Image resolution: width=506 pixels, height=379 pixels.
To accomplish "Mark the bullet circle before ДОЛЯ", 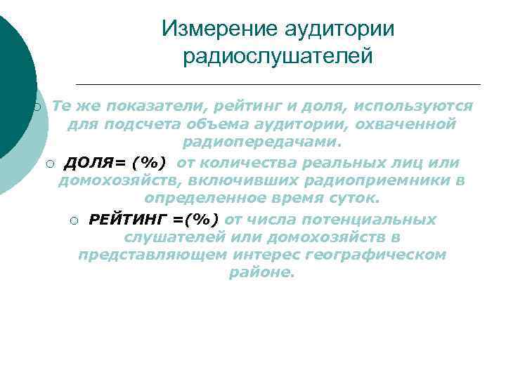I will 49,164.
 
